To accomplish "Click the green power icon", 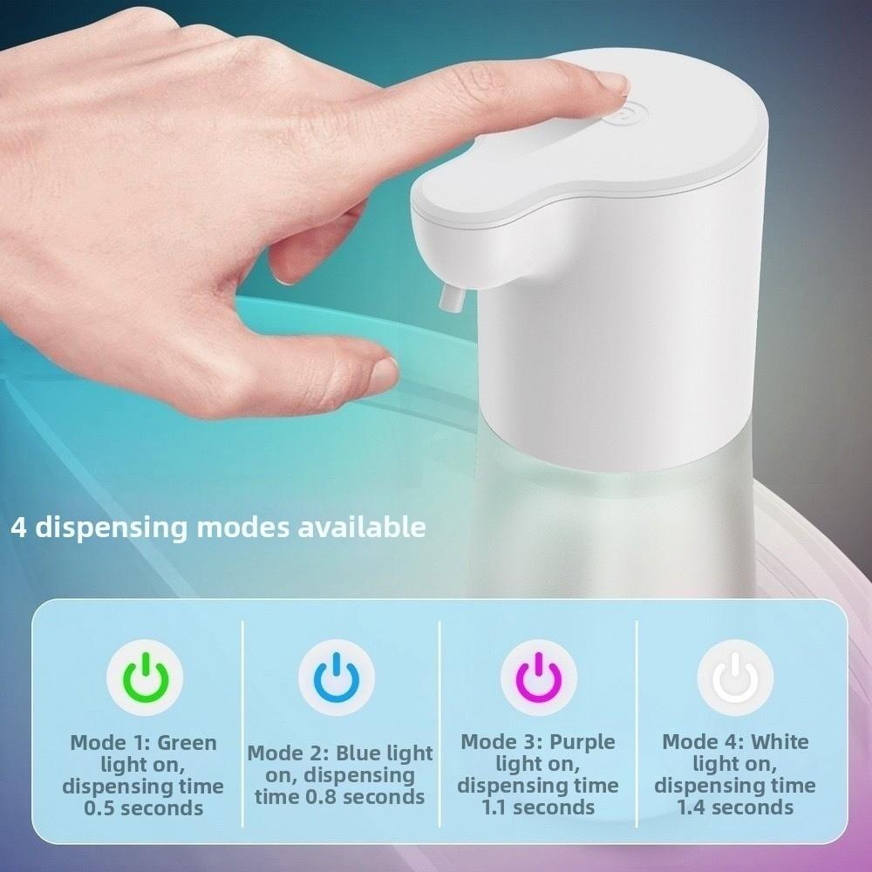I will tap(144, 678).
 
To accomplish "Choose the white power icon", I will tap(735, 678).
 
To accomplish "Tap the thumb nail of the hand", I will tap(382, 373).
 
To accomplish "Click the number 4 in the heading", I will tap(18, 528).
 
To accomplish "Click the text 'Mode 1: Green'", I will tap(143, 744).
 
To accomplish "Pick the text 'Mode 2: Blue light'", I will tap(340, 753).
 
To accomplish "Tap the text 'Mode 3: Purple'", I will tap(538, 742).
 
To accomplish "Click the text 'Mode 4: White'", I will tap(735, 742).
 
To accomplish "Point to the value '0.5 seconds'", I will tap(143, 807).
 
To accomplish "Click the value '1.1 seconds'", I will tap(538, 807).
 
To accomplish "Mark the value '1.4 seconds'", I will tap(735, 807).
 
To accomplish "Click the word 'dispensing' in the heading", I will tap(111, 528).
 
